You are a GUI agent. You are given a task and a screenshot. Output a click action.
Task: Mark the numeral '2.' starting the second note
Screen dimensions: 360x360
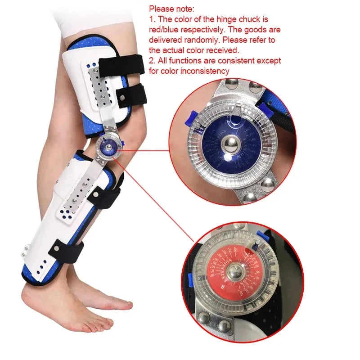(x=152, y=60)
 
